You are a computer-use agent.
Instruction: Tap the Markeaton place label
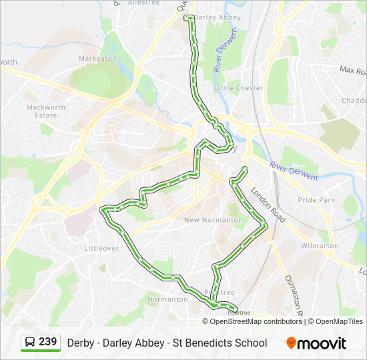pyautogui.click(x=97, y=59)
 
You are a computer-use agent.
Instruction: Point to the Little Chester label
pyautogui.click(x=239, y=88)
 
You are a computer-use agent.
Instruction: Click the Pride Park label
pyautogui.click(x=316, y=200)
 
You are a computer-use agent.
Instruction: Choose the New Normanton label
pyautogui.click(x=214, y=220)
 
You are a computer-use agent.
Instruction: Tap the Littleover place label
pyautogui.click(x=101, y=248)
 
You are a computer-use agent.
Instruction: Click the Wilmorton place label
pyautogui.click(x=320, y=245)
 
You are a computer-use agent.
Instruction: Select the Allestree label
pyautogui.click(x=143, y=3)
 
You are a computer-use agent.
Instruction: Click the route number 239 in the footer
pyautogui.click(x=48, y=342)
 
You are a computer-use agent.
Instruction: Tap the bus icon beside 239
pyautogui.click(x=30, y=343)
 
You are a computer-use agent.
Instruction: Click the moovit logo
pyautogui.click(x=316, y=343)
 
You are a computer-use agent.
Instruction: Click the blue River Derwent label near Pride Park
pyautogui.click(x=294, y=171)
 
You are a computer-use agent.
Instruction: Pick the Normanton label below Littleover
pyautogui.click(x=167, y=299)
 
